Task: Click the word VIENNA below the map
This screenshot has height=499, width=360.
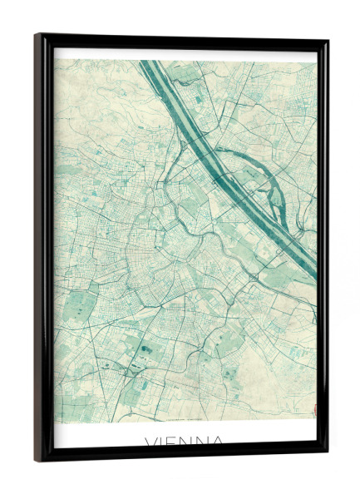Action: pyautogui.click(x=184, y=440)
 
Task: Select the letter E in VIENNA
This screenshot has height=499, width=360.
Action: pyautogui.click(x=174, y=440)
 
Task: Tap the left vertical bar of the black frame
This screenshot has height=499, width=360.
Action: pyautogui.click(x=44, y=249)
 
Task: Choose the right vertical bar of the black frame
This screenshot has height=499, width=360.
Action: pyautogui.click(x=323, y=249)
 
